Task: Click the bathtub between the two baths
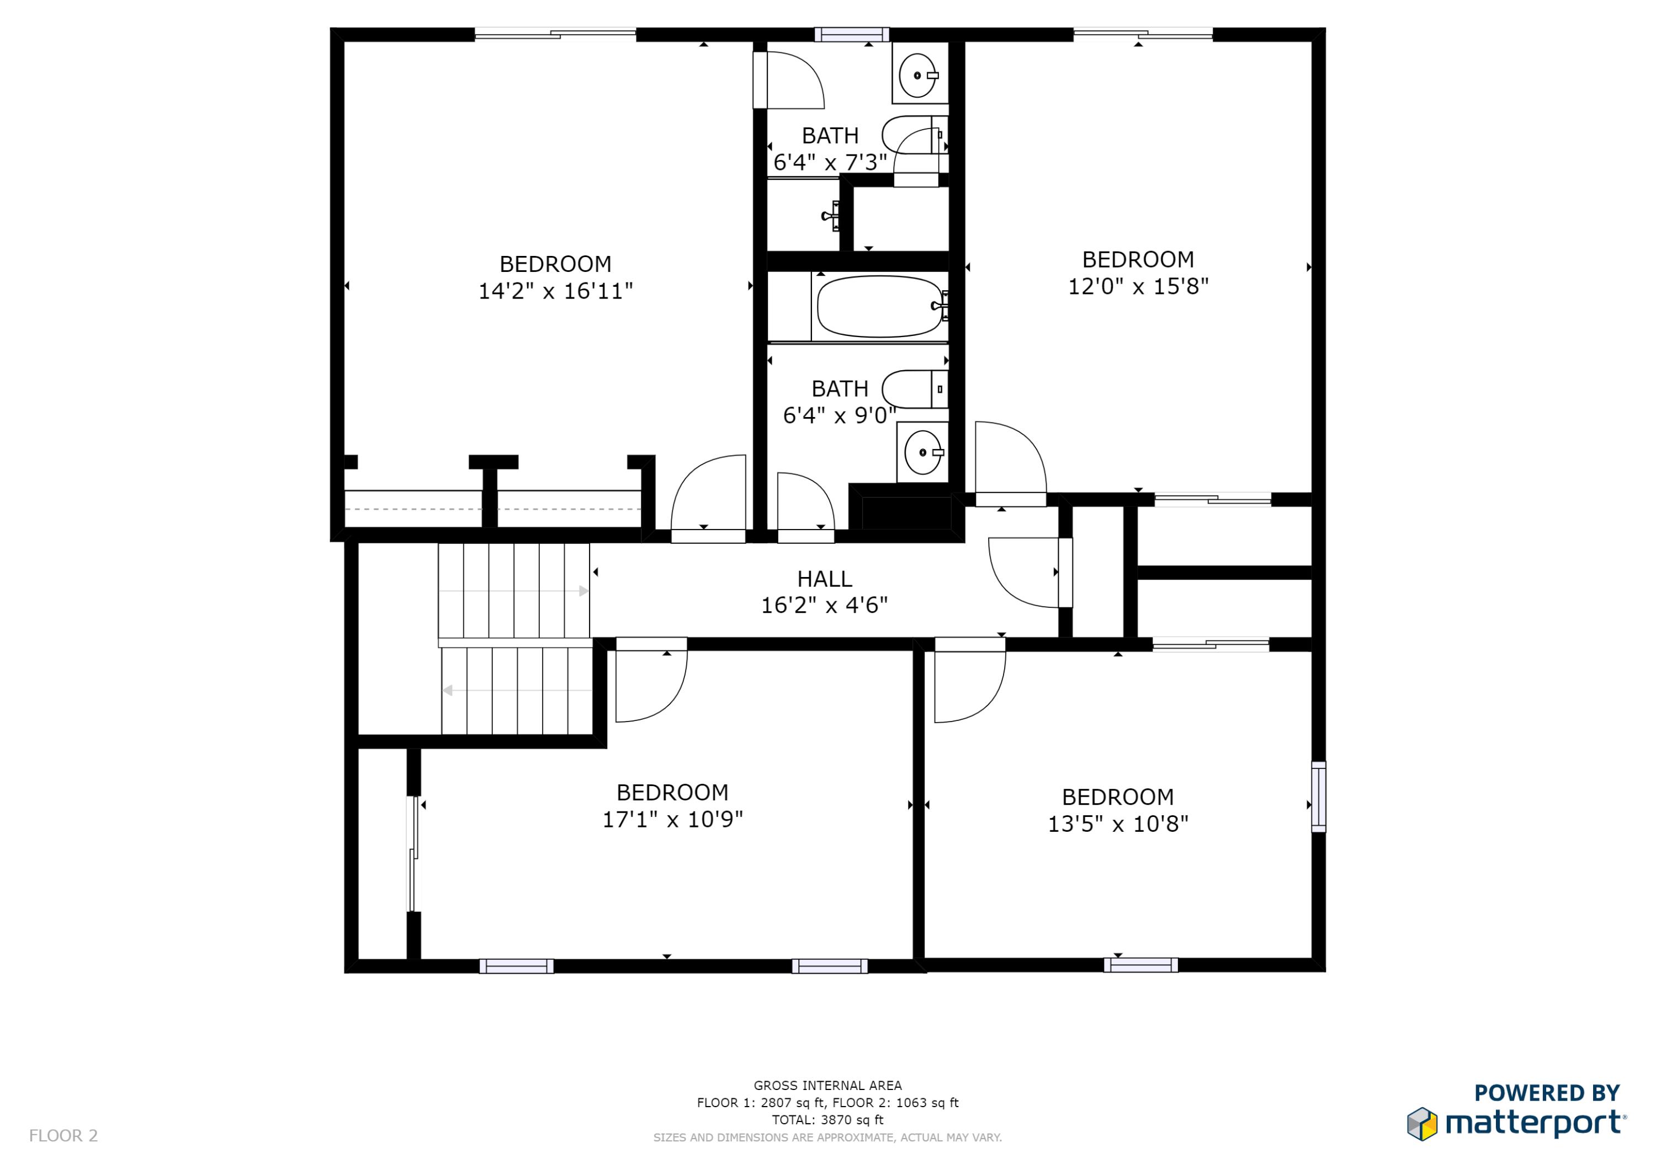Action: point(878,306)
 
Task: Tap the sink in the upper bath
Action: point(917,75)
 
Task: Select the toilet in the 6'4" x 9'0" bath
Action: point(910,389)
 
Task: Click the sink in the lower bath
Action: point(922,452)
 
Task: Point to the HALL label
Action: point(824,579)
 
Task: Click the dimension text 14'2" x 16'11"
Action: point(555,291)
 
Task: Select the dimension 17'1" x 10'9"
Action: point(672,820)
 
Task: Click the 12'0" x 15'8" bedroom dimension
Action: point(1138,287)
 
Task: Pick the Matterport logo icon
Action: point(1421,1124)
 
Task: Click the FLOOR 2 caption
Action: point(63,1135)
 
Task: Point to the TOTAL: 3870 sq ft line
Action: point(827,1120)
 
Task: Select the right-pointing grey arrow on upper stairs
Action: point(583,591)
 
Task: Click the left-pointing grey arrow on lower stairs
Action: point(448,691)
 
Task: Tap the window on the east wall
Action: point(1318,797)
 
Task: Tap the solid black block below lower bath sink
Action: point(906,512)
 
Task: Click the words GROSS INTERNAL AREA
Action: point(827,1085)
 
